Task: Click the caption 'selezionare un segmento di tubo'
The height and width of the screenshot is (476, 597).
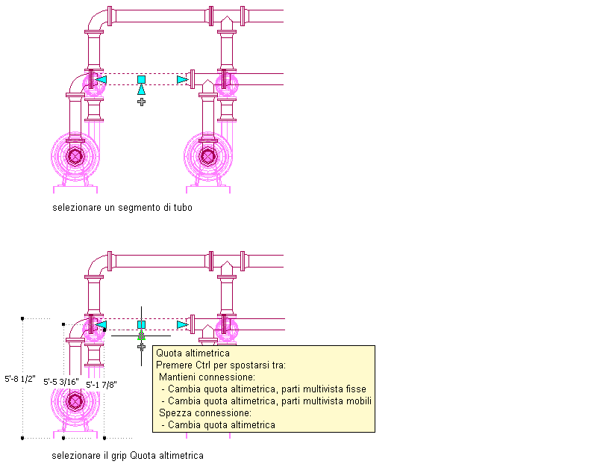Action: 122,208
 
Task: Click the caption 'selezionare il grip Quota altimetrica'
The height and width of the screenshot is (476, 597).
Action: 128,455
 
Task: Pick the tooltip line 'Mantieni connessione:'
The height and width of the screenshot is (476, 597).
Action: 207,377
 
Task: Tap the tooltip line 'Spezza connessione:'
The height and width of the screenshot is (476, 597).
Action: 204,413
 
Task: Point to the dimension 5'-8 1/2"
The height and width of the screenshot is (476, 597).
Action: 19,379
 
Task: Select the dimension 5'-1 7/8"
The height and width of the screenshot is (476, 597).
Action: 101,385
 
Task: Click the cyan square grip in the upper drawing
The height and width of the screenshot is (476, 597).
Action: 141,79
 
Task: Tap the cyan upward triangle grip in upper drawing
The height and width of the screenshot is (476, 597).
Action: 141,90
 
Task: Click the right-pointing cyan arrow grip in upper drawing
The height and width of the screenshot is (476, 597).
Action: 181,79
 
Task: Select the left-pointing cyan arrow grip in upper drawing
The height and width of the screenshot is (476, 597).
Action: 101,79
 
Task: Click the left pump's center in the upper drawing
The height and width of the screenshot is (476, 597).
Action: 75,155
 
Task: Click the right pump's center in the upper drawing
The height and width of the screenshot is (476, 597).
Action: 208,155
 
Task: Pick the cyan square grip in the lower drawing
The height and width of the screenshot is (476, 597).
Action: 141,324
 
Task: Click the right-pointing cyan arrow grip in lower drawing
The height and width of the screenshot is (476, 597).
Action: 181,324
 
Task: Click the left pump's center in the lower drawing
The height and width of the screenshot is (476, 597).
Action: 75,401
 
